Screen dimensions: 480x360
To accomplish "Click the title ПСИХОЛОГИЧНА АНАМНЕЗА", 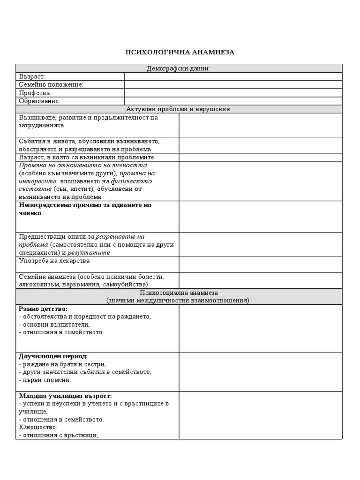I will tap(180, 52).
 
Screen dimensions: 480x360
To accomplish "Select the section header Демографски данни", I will tap(179, 68).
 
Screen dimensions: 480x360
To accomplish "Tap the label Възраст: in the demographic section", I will tap(32, 76).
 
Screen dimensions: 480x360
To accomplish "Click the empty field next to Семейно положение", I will tap(233, 84).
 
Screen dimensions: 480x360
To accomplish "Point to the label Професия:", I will tap(35, 93).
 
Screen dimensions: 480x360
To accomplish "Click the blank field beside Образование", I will tap(233, 101).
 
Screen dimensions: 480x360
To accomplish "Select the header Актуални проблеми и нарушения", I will tap(179, 109).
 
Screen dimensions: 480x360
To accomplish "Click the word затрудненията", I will tap(42, 125).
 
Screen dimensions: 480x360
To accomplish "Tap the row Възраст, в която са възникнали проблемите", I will tap(87, 157).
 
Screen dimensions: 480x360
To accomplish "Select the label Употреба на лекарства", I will tap(54, 261).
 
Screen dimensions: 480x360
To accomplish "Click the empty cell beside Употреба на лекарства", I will tap(261, 264).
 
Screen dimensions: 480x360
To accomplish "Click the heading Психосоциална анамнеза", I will tap(179, 292).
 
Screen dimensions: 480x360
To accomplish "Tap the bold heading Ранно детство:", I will tap(43, 309).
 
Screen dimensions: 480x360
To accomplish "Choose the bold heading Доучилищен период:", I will tap(53, 356).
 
